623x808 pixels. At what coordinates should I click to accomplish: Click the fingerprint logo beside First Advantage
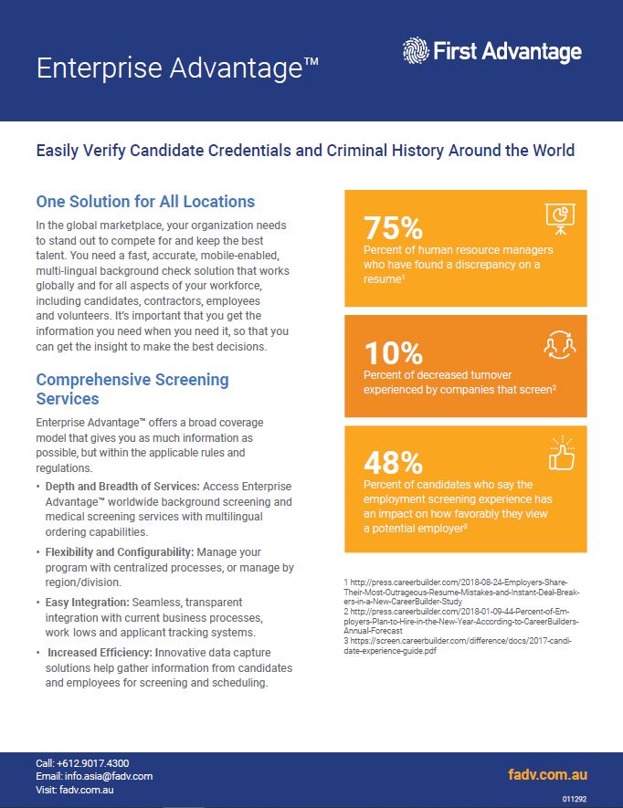[416, 50]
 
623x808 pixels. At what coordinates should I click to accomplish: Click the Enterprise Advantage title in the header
[177, 68]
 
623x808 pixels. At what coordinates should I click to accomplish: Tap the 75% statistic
[393, 227]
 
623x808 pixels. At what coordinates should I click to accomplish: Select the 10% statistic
[393, 353]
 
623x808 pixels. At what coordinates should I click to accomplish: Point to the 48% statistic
[393, 462]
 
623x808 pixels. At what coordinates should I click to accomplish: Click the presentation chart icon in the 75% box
[560, 218]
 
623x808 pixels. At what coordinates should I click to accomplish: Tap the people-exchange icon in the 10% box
[560, 345]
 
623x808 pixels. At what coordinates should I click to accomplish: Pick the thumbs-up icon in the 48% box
[562, 454]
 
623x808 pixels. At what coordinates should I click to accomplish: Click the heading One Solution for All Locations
[145, 202]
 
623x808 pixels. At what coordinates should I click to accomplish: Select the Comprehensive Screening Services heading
[132, 389]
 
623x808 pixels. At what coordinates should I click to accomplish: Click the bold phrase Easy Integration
[87, 603]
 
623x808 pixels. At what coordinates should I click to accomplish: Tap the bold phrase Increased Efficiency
[100, 653]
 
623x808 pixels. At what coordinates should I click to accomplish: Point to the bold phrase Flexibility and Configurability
[120, 551]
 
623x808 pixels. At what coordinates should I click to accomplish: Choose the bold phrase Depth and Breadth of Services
[122, 487]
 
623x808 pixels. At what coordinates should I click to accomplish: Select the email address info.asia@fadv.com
[109, 776]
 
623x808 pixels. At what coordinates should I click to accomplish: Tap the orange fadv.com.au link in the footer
[548, 774]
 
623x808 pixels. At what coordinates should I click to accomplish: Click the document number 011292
[575, 799]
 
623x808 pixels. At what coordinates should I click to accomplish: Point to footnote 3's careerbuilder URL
[458, 645]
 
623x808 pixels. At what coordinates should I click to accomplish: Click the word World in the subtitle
[554, 151]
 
